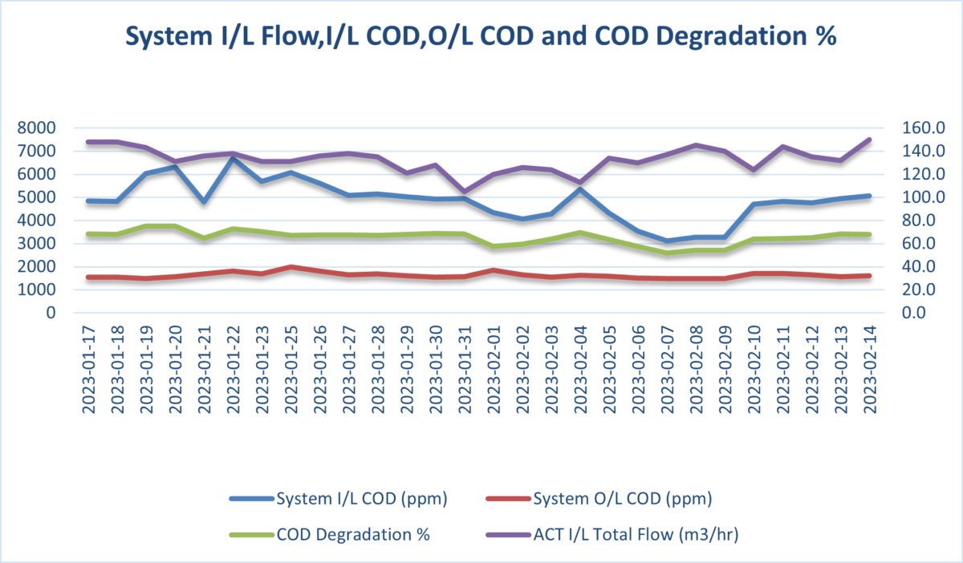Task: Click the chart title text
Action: coord(481,37)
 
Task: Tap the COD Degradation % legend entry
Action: coord(353,535)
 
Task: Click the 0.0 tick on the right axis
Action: coord(918,314)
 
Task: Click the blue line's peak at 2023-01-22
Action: coord(232,158)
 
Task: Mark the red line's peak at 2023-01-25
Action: coord(291,267)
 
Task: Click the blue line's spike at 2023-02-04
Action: coord(580,189)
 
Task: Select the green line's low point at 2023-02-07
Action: coord(667,253)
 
